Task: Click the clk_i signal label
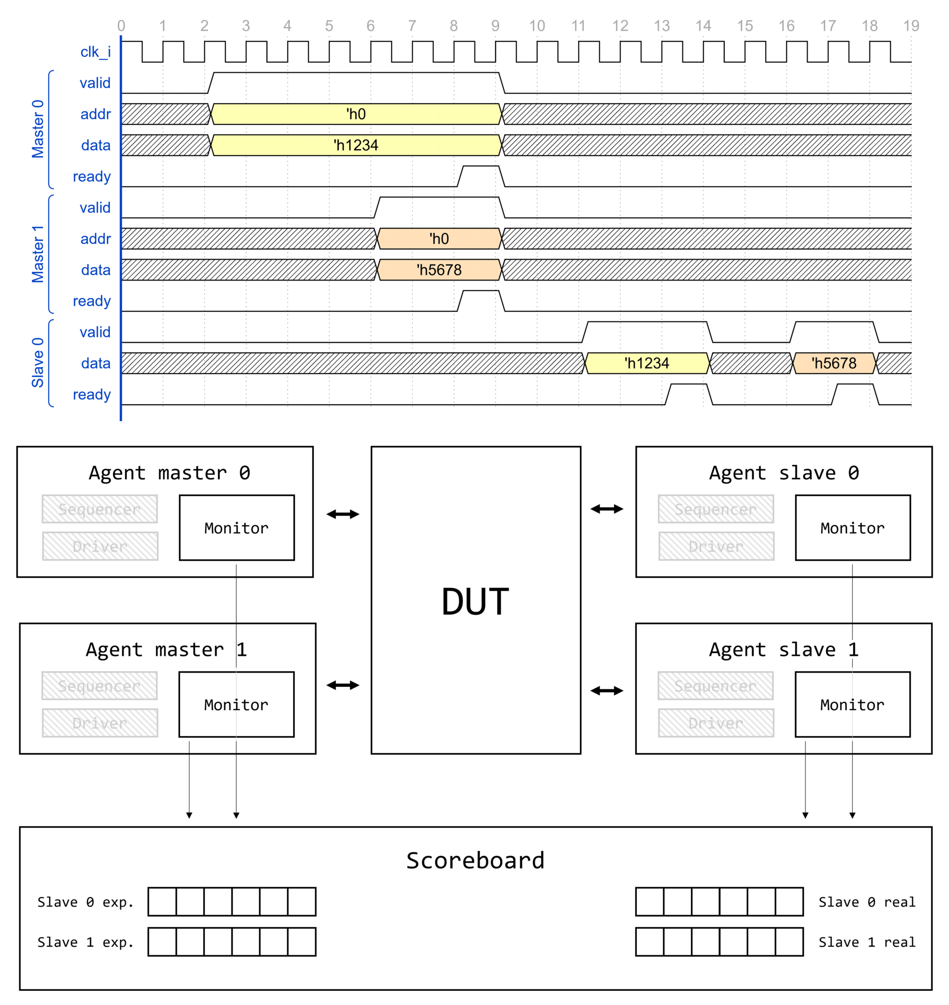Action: (95, 52)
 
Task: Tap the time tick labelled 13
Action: (661, 26)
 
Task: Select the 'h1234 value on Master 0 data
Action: (356, 145)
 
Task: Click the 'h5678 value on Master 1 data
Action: (439, 270)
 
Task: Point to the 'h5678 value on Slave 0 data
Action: (834, 363)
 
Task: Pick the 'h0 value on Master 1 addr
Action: (439, 239)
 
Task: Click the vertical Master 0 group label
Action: (38, 129)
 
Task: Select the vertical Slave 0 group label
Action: (38, 362)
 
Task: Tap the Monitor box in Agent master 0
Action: (237, 528)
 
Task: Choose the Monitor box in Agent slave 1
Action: (852, 704)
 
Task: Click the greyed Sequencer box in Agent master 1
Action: (100, 686)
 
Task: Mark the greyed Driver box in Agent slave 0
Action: (716, 546)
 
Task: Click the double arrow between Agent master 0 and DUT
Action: (343, 514)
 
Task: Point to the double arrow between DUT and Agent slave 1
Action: (606, 690)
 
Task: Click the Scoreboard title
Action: (475, 861)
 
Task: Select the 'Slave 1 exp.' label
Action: (85, 942)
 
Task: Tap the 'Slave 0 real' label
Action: (867, 902)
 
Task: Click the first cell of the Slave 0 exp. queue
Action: (162, 901)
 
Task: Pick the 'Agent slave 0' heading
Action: (784, 473)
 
